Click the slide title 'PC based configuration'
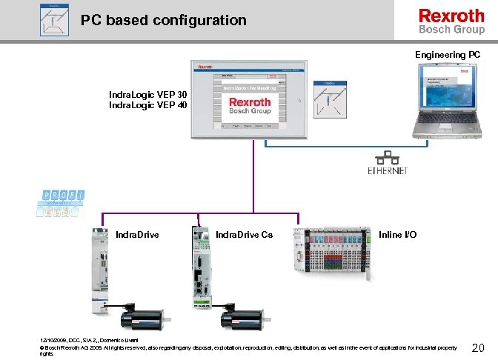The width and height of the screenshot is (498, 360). click(164, 21)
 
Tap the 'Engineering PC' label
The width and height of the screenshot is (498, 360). click(448, 56)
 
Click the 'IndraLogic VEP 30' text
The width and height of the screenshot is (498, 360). click(148, 95)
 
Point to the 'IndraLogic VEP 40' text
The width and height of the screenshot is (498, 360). click(148, 105)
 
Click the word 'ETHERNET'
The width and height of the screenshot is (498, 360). click(387, 171)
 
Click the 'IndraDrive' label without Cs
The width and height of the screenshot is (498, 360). click(137, 235)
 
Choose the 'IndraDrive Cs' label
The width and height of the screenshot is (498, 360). click(244, 235)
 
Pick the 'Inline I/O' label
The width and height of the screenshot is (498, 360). click(397, 235)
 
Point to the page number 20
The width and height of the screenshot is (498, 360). click(478, 348)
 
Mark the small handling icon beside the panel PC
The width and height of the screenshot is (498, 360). click(327, 99)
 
